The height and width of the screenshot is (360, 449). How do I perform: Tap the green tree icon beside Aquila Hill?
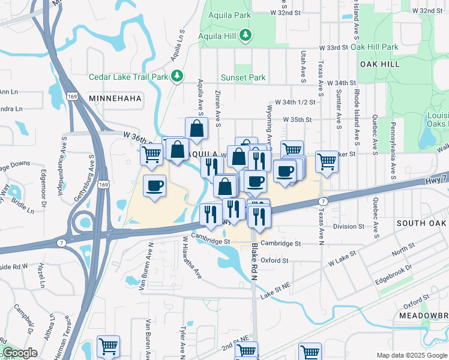[245, 36]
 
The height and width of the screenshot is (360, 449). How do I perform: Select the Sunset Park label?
[243, 78]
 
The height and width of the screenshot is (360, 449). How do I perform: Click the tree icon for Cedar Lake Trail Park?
[176, 76]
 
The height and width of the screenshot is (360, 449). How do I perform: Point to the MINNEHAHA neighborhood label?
[115, 97]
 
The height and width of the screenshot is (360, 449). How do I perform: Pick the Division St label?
[349, 226]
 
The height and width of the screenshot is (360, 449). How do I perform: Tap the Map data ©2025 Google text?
[411, 355]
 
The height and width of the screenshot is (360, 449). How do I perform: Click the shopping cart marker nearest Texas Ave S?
[326, 161]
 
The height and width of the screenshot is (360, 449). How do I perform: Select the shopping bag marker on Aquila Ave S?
[196, 128]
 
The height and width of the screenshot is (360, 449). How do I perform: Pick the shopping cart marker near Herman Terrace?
[108, 346]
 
